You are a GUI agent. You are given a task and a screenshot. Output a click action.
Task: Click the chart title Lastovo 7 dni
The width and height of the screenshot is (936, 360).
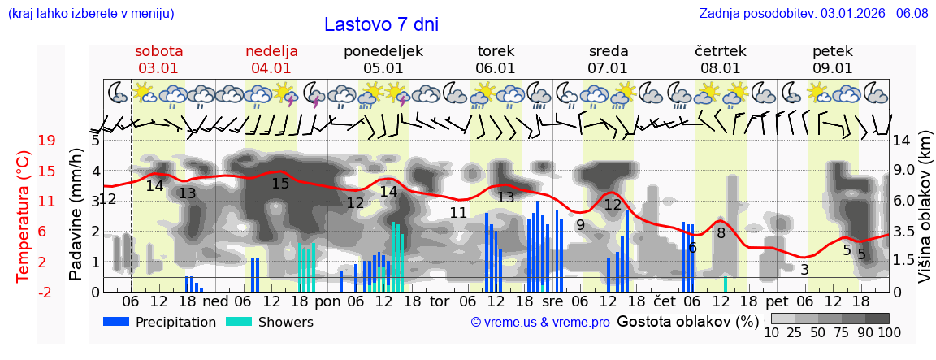(381, 24)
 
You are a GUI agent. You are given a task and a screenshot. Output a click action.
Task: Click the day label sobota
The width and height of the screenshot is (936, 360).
(158, 51)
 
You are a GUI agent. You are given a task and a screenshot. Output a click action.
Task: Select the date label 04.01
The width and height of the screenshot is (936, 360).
(271, 68)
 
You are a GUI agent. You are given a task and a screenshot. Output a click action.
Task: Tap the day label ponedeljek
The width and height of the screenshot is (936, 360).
(383, 51)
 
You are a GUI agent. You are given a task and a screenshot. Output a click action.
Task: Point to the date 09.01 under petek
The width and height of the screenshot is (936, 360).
(832, 68)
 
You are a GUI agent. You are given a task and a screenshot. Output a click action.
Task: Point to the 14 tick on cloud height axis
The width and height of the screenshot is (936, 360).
(903, 141)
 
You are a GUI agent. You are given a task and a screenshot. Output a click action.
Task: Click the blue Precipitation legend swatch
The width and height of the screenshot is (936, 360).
(116, 322)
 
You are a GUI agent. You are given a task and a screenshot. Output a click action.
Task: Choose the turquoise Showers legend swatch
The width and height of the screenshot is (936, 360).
(239, 322)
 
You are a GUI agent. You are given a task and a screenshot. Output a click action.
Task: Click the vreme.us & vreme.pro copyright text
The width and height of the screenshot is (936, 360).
(540, 323)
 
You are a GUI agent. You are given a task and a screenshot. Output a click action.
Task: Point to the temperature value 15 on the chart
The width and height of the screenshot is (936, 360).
(280, 184)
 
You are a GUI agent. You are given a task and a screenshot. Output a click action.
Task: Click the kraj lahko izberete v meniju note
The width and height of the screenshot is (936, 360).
(90, 14)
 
